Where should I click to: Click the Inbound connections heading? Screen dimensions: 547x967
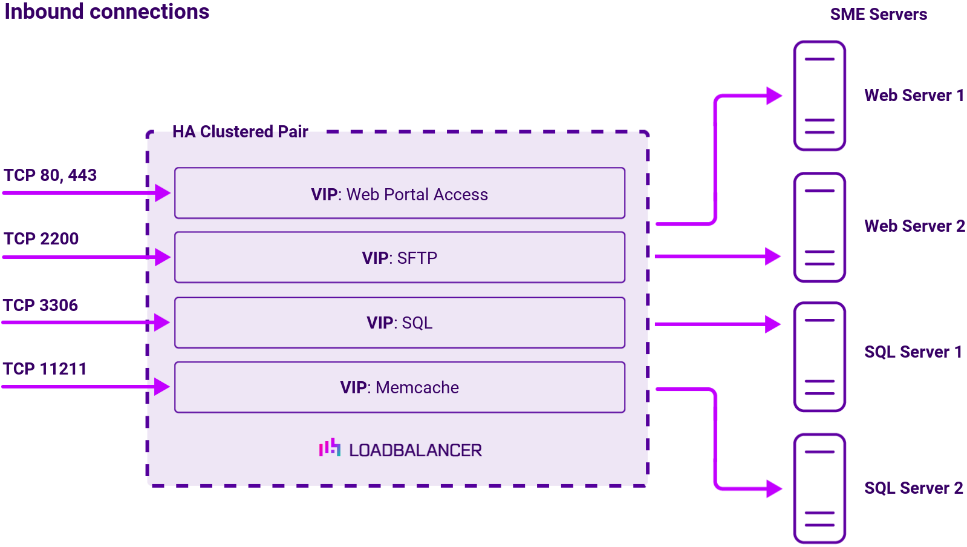coord(106,12)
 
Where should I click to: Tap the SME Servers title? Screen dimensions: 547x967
coord(878,15)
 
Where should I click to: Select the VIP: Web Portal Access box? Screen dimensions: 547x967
coord(399,194)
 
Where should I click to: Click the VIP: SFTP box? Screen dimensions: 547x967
coord(399,258)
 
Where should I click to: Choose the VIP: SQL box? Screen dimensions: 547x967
coord(399,323)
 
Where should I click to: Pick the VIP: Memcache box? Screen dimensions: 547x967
coord(399,387)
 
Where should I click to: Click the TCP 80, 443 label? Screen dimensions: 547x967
coord(50,175)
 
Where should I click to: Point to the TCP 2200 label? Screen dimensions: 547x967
coord(41,239)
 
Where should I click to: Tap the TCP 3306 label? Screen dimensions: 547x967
coord(41,306)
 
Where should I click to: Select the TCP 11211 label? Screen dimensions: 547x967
coord(45,369)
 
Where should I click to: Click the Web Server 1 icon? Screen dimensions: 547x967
coord(819,96)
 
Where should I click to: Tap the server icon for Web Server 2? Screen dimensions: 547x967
coord(819,228)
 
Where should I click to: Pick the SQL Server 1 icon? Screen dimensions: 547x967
coord(819,357)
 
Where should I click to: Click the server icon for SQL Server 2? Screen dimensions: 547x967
coord(819,488)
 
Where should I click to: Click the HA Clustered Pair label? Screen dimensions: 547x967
coord(240,132)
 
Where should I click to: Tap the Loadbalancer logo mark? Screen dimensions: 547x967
coord(330,448)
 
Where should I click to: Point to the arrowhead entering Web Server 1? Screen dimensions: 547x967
coord(774,96)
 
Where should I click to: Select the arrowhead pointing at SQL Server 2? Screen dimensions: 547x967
coord(774,488)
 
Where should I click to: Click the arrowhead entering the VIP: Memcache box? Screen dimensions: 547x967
coord(162,387)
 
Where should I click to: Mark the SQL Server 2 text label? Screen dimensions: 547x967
coord(913,488)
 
